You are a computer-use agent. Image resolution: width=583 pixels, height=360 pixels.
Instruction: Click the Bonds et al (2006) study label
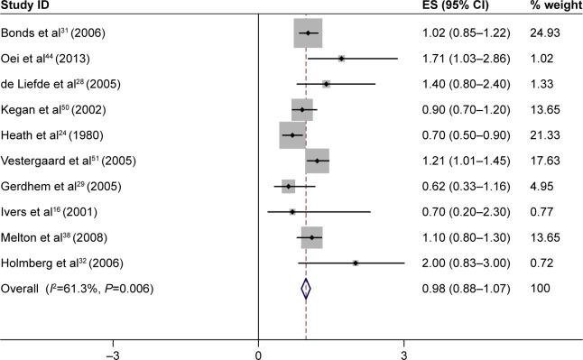click(54, 33)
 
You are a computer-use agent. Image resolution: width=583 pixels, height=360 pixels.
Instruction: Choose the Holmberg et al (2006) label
click(63, 263)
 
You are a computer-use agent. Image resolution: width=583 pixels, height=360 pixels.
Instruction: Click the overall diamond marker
click(306, 289)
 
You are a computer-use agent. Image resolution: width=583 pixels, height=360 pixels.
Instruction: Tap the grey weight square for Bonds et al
click(308, 33)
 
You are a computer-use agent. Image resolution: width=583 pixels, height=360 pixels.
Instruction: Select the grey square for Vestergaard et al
click(317, 161)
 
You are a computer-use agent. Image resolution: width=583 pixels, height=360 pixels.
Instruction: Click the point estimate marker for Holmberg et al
click(356, 263)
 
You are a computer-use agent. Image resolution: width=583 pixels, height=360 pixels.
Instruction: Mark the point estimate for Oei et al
click(341, 59)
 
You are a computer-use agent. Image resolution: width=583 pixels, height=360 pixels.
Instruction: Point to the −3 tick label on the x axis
click(114, 352)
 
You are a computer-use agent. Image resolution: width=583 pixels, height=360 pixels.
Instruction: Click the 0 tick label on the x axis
click(259, 352)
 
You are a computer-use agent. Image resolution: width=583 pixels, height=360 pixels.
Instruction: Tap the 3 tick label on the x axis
click(403, 352)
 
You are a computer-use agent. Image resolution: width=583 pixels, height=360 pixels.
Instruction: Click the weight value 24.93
click(551, 33)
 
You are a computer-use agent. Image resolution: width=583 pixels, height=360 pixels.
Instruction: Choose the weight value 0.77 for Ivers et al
click(547, 212)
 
